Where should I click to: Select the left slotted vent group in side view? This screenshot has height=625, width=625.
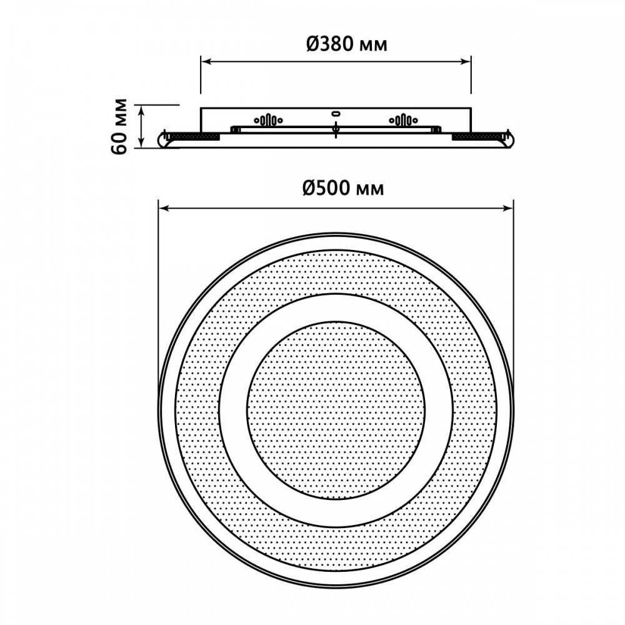click(x=267, y=119)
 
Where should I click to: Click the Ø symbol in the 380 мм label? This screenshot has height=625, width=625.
click(x=314, y=44)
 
